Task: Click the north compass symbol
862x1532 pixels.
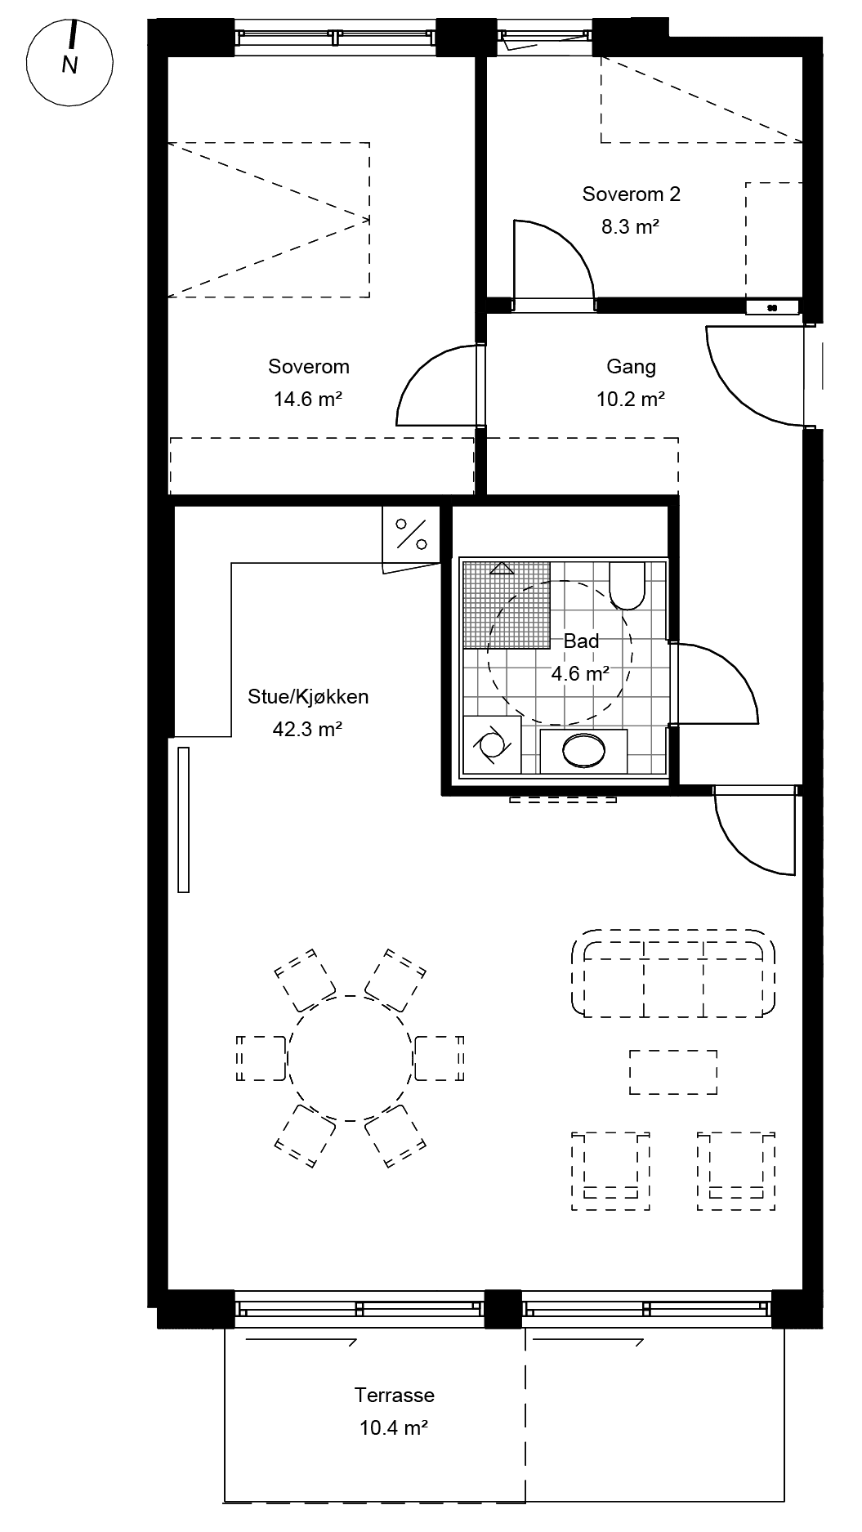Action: tap(69, 61)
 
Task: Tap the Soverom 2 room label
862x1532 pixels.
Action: tap(631, 194)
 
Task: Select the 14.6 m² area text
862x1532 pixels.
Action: tap(308, 400)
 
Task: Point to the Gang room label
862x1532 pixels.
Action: tap(631, 367)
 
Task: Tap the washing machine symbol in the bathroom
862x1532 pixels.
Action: tap(492, 744)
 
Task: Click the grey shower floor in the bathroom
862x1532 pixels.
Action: tap(506, 605)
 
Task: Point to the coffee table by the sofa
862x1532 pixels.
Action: tap(673, 1072)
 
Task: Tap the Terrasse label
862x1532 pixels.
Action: tap(394, 1395)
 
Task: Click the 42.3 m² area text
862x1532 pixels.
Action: tap(307, 729)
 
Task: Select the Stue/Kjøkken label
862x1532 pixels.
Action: tap(308, 696)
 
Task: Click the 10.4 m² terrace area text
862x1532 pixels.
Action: tap(394, 1427)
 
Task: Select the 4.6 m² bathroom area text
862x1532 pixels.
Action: tap(580, 674)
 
